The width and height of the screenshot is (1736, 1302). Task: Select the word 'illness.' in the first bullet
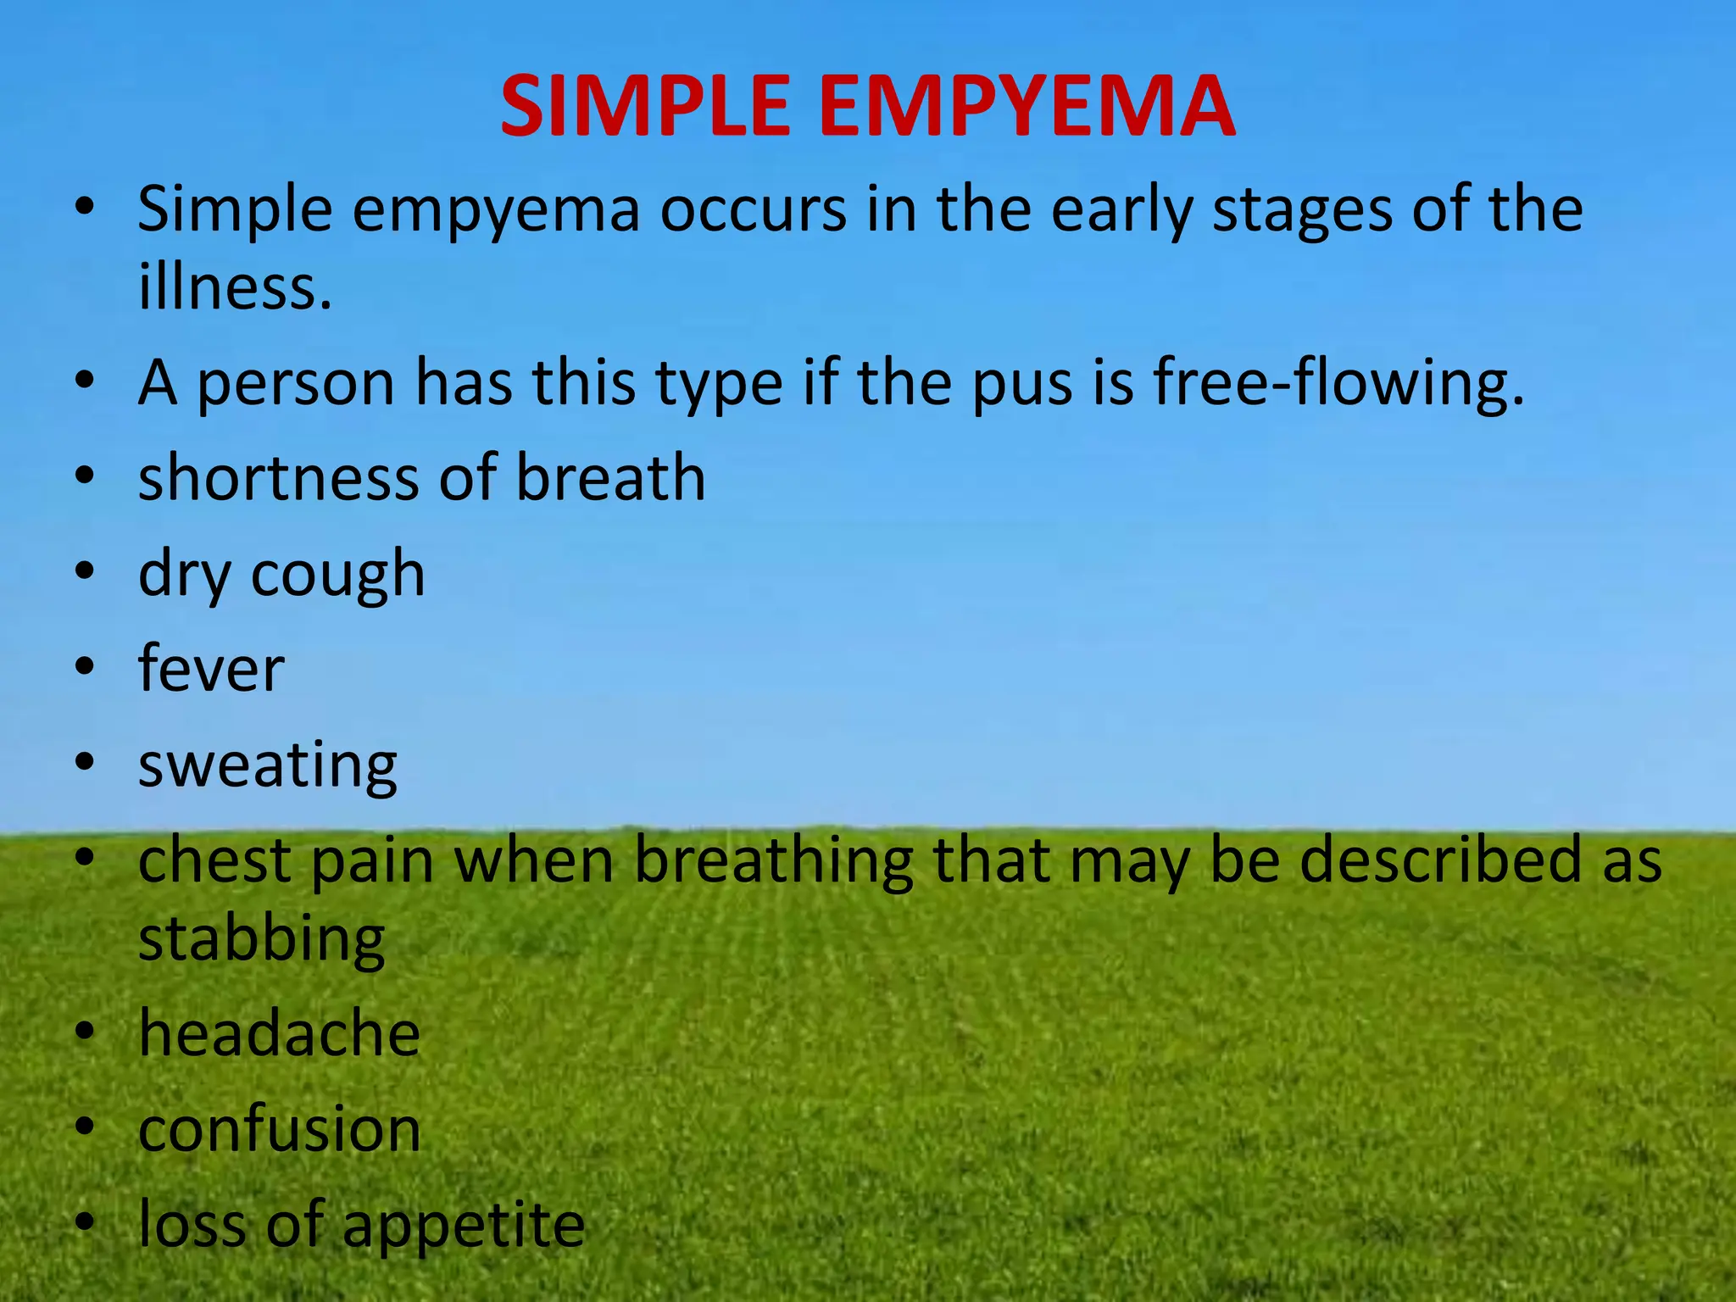click(x=235, y=287)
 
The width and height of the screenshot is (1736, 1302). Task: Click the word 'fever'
click(x=211, y=669)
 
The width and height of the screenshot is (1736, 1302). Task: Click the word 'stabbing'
click(x=262, y=941)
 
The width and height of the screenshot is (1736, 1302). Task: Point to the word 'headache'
click(x=279, y=1033)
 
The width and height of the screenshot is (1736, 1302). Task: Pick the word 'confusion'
click(x=279, y=1129)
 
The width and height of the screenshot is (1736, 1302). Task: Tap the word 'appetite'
click(x=463, y=1227)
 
